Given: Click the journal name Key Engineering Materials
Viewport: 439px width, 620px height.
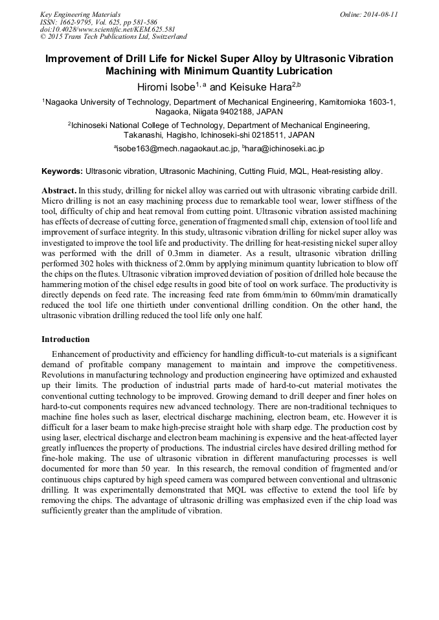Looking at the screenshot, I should (80, 14).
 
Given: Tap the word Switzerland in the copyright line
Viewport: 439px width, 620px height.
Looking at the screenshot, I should (161, 37).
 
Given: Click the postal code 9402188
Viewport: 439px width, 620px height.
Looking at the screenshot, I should (236, 112).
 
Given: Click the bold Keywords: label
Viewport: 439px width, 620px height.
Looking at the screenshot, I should (62, 172).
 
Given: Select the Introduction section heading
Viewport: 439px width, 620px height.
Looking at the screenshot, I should (65, 339).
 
